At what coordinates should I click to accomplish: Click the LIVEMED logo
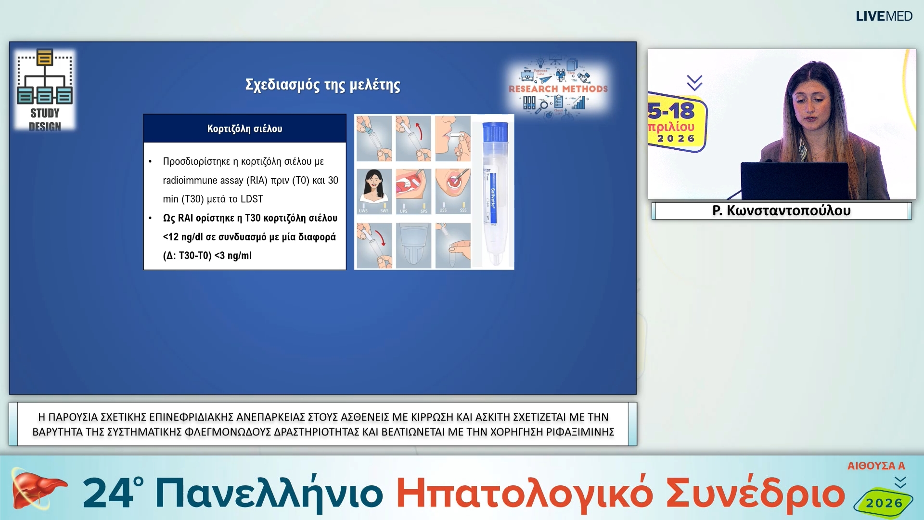pyautogui.click(x=884, y=16)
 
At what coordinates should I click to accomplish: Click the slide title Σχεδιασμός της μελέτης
pyautogui.click(x=322, y=85)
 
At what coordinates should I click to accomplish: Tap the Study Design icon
pyautogui.click(x=45, y=90)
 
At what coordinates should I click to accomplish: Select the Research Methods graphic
pyautogui.click(x=558, y=89)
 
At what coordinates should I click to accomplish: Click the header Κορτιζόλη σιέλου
pyautogui.click(x=244, y=129)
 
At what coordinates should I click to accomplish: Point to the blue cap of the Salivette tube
pyautogui.click(x=495, y=131)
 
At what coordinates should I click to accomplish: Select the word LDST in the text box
pyautogui.click(x=252, y=199)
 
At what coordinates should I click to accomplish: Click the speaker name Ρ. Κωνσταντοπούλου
pyautogui.click(x=781, y=211)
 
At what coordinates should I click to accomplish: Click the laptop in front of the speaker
pyautogui.click(x=794, y=181)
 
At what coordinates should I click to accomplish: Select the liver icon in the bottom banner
pyautogui.click(x=36, y=490)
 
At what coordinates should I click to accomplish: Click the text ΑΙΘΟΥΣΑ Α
pyautogui.click(x=876, y=466)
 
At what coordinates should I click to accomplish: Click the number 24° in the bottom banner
pyautogui.click(x=113, y=494)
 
